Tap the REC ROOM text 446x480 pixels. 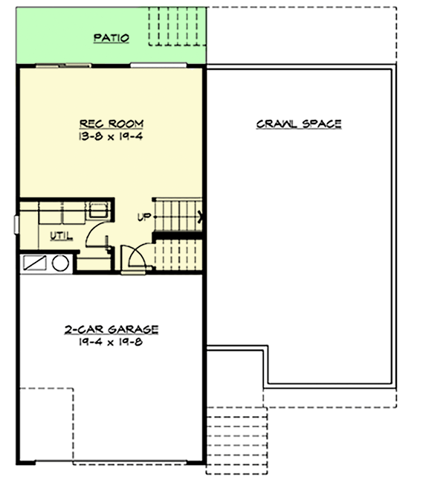tap(111, 123)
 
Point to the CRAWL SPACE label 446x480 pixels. tap(299, 124)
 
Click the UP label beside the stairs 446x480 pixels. tap(144, 217)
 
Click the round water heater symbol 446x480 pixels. tap(61, 262)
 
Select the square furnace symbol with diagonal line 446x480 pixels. tap(36, 263)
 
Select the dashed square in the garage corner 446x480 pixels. tap(45, 424)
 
